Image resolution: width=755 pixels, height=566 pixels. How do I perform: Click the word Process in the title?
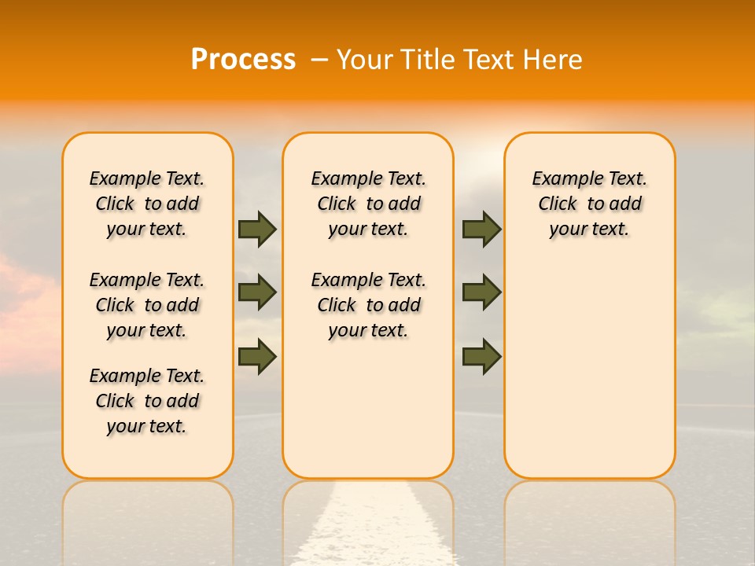pos(243,60)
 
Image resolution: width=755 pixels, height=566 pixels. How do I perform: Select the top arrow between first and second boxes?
pos(258,230)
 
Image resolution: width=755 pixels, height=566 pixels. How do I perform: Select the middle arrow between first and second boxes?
pos(258,292)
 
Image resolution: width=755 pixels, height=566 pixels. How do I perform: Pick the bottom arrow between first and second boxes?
pos(258,355)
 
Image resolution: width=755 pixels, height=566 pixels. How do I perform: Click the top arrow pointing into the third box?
pos(481,230)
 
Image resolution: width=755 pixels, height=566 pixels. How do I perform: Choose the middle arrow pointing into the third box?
pos(481,292)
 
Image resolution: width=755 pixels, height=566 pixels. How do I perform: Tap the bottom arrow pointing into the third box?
pos(481,357)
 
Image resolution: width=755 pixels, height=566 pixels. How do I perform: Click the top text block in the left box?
pos(147,204)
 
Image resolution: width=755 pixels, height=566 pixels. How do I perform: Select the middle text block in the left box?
pos(147,305)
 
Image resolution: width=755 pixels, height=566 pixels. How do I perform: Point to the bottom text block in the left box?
pos(147,401)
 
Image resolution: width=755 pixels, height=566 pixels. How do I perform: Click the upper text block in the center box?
pos(368,204)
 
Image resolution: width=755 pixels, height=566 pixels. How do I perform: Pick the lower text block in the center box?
pos(368,305)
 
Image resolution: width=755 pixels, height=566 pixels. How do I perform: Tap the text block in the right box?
pos(589,204)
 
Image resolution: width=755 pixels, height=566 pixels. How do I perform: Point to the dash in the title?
pos(319,60)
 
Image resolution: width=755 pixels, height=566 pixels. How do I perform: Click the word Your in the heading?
pos(366,60)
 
